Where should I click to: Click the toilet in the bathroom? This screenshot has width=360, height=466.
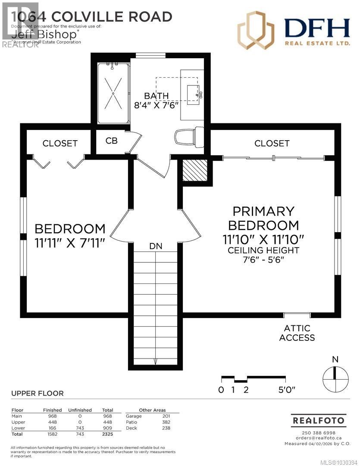tap(189, 137)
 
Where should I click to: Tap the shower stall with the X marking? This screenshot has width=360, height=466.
tap(113, 93)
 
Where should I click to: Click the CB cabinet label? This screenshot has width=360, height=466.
tap(112, 141)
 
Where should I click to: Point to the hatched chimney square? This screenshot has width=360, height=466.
tap(195, 171)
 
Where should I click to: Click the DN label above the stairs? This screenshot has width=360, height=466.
tap(156, 246)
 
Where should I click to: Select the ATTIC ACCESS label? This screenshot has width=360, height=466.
tap(297, 333)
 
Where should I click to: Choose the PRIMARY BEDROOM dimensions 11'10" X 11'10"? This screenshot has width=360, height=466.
tap(263, 239)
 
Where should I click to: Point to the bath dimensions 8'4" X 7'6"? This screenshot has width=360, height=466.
tap(157, 105)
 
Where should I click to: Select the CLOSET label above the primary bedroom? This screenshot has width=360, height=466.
tap(272, 143)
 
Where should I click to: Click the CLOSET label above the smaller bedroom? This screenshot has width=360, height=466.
tap(60, 143)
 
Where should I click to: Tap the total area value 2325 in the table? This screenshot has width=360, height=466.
tap(107, 434)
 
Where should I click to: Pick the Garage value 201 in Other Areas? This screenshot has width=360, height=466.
tap(166, 416)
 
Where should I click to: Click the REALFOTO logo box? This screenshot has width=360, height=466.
tap(319, 420)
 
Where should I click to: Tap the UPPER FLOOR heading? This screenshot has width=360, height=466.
tap(37, 393)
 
